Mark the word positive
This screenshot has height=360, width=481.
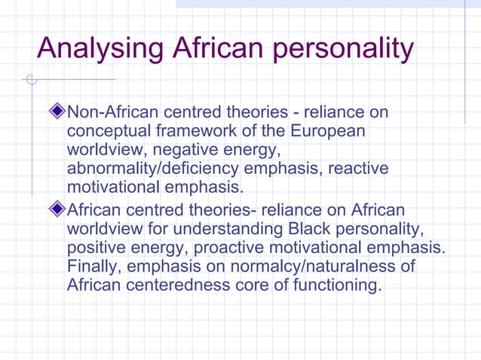click(x=96, y=247)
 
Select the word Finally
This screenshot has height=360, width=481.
click(x=94, y=266)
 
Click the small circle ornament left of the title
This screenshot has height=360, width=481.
click(x=31, y=79)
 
